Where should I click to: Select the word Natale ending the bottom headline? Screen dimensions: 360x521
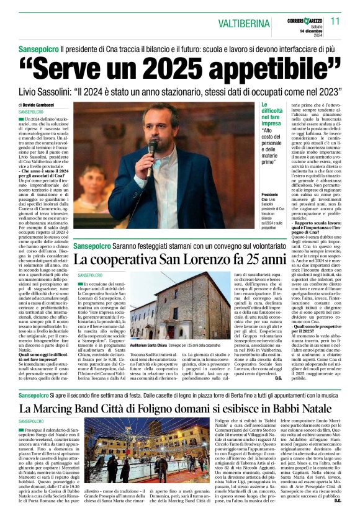coord(320,408)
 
